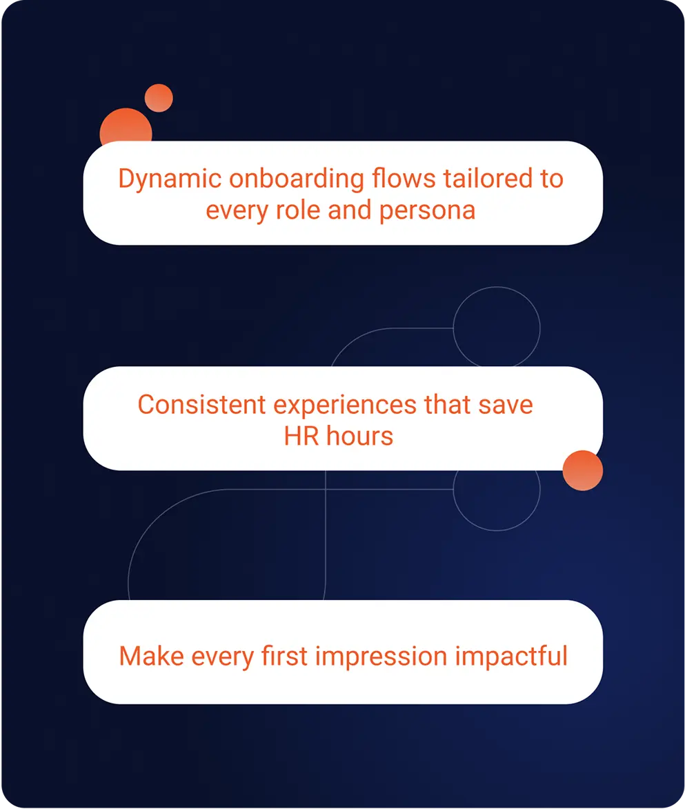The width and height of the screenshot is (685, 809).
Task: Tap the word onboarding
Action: point(297,179)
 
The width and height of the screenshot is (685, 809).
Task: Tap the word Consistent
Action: point(201,404)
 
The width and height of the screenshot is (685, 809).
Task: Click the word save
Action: point(506,406)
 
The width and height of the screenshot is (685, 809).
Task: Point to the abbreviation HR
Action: point(301,437)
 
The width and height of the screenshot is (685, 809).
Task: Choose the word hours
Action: point(360,436)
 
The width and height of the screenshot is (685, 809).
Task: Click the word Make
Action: point(151,657)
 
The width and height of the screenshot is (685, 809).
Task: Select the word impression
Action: point(381,657)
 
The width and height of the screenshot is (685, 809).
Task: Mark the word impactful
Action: point(511,657)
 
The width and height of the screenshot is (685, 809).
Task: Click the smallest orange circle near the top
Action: point(159,98)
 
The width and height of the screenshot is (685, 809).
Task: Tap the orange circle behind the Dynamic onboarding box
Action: point(126,125)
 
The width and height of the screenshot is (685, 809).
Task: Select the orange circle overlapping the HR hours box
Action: point(583,470)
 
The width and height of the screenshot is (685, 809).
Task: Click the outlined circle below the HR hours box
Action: point(540,490)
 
